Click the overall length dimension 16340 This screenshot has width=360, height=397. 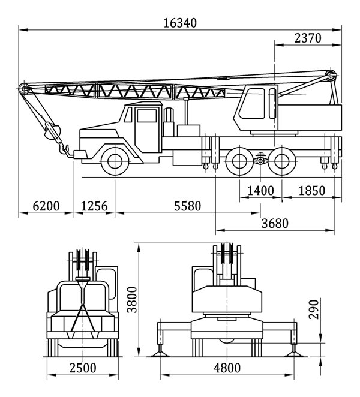(x=180, y=23)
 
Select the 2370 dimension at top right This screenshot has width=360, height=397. (x=308, y=38)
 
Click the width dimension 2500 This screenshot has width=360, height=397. (x=83, y=368)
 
